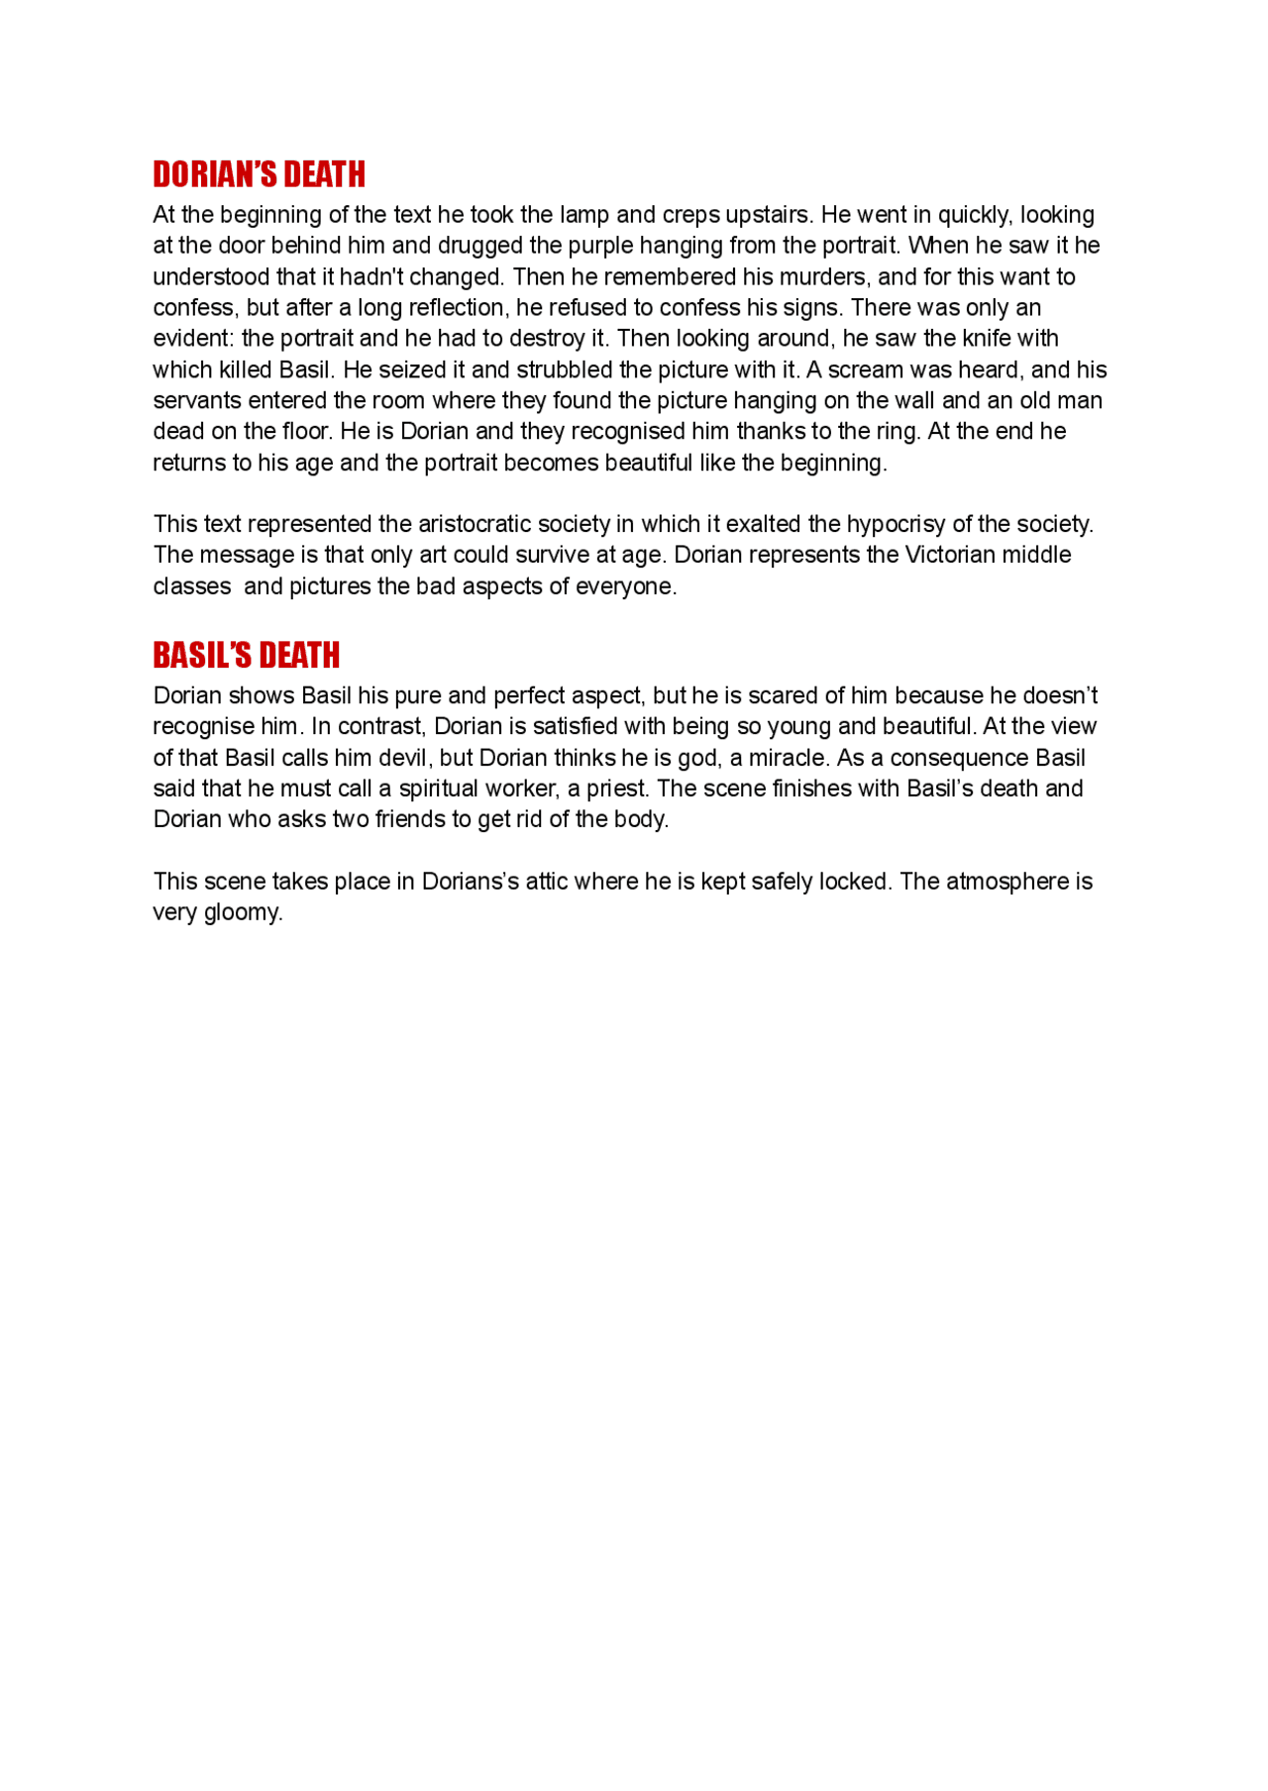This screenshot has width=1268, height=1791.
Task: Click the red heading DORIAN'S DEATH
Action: tap(259, 174)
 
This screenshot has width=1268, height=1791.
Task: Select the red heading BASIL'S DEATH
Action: tap(246, 655)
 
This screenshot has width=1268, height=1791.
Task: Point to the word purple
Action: tap(603, 246)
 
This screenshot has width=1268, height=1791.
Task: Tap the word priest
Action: tap(614, 789)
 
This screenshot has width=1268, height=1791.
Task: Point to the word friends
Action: tap(412, 819)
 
